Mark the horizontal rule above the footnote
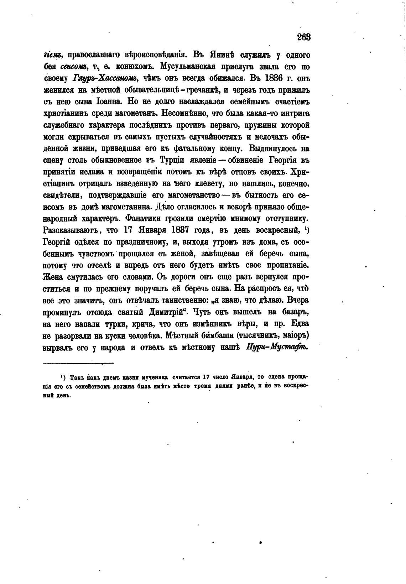pyautogui.click(x=78, y=363)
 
